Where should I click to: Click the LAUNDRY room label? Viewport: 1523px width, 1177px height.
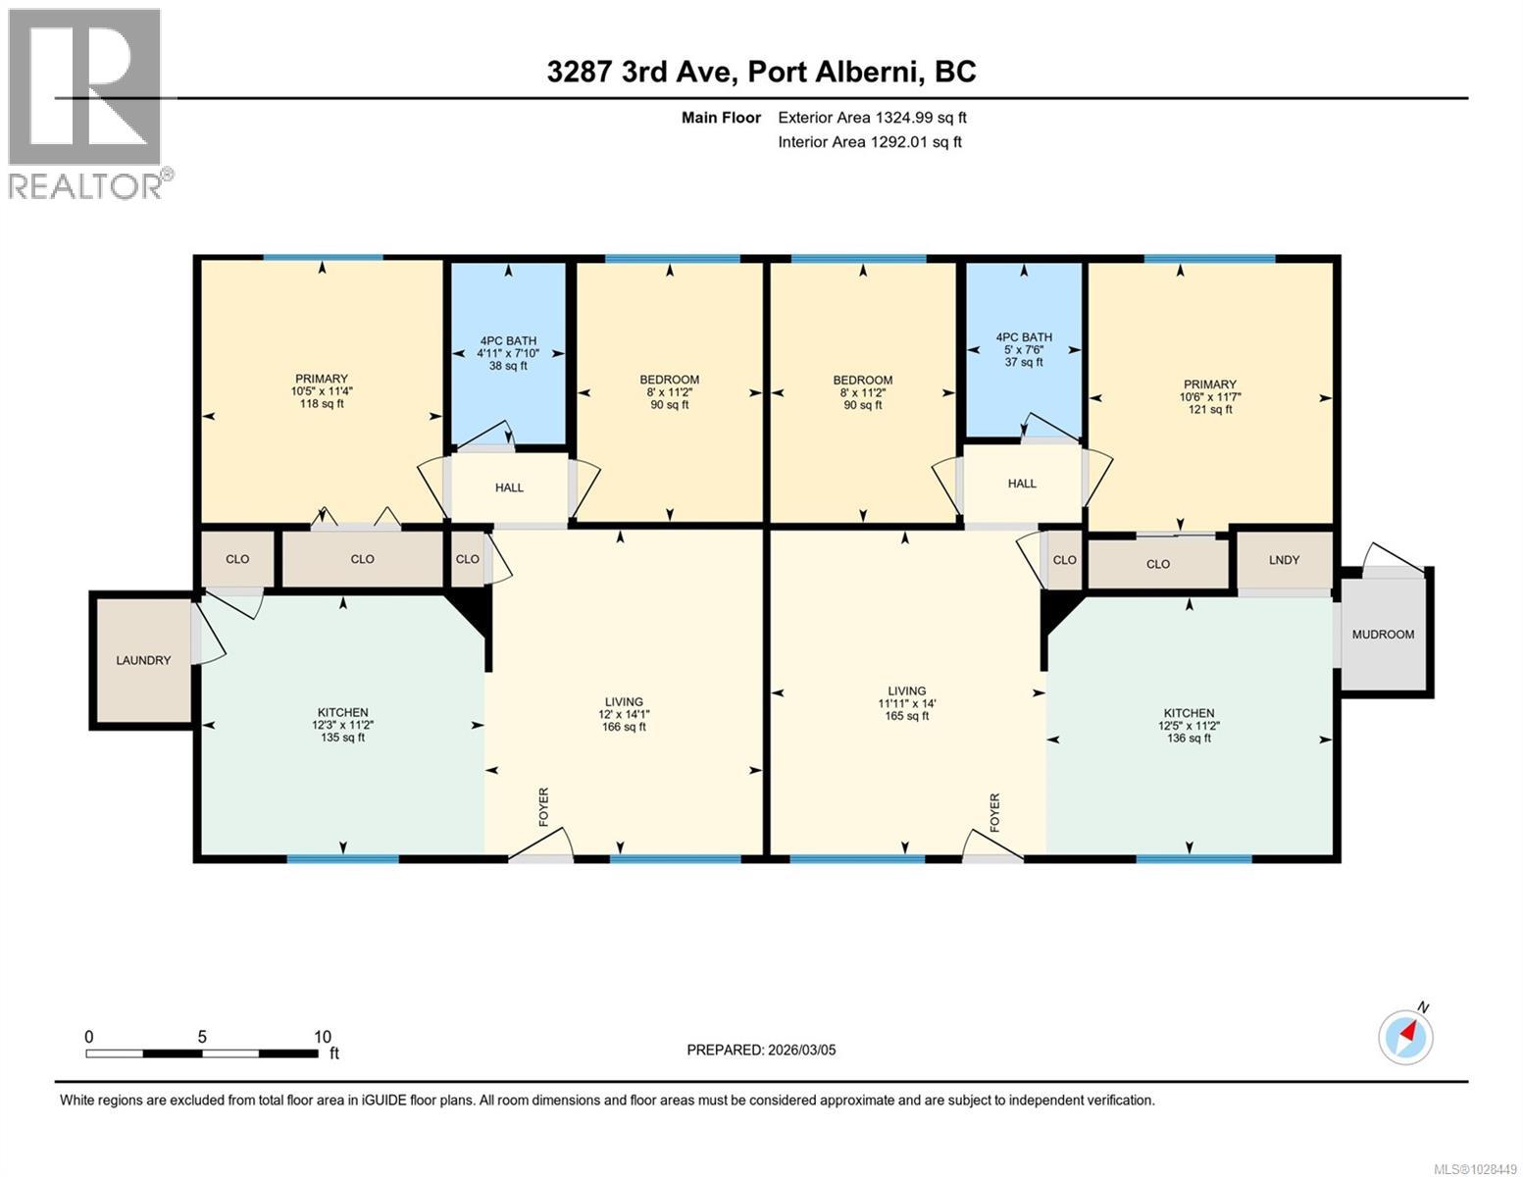click(x=143, y=660)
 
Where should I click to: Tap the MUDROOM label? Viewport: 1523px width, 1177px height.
click(x=1383, y=635)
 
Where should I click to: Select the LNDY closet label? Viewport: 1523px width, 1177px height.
click(x=1284, y=560)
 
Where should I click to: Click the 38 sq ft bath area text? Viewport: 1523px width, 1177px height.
click(x=508, y=366)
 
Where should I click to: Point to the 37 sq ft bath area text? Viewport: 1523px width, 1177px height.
click(x=1024, y=362)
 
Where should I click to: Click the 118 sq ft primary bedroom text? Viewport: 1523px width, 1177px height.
click(x=322, y=403)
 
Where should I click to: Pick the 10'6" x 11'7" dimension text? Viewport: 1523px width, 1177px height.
click(x=1209, y=397)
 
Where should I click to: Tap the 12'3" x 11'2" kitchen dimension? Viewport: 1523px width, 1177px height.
click(x=342, y=725)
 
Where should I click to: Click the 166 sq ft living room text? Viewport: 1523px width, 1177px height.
click(x=624, y=727)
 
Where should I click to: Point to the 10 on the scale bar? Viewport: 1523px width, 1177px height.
click(x=322, y=1037)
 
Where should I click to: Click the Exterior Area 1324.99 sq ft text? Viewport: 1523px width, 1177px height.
click(x=872, y=118)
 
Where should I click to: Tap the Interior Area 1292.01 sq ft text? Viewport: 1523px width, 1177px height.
click(x=870, y=141)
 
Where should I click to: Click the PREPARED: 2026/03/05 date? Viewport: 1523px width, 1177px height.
click(x=761, y=1049)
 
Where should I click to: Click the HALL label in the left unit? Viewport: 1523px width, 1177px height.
click(x=509, y=487)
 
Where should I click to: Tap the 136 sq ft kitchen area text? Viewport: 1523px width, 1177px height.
click(x=1189, y=738)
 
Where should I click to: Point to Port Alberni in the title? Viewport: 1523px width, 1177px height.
click(x=836, y=72)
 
